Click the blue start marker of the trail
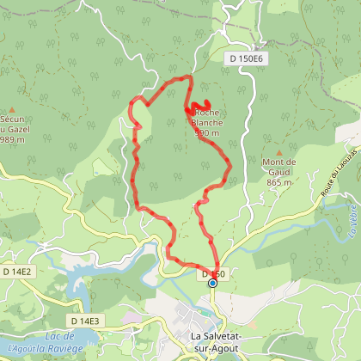[x=212, y=283]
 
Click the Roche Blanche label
[x=208, y=117]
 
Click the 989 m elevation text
[x=12, y=139]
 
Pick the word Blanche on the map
[x=208, y=122]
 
